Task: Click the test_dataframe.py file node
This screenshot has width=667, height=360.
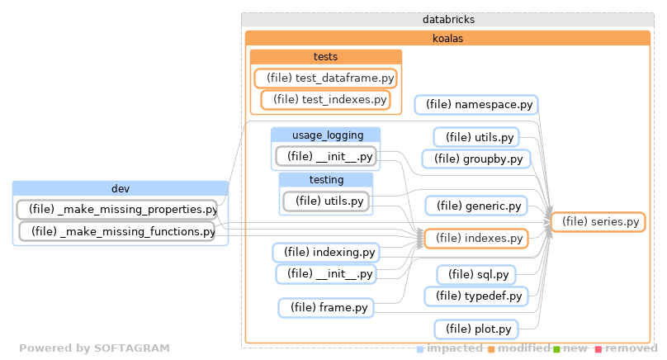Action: [325, 78]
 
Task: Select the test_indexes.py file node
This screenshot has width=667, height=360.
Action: [324, 100]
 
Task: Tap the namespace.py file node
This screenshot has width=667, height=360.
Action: [476, 105]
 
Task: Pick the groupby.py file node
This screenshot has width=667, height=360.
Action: [476, 159]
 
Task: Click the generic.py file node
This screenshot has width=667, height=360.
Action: [475, 206]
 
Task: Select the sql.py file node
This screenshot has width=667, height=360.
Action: [476, 274]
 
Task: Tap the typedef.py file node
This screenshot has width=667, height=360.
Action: [475, 296]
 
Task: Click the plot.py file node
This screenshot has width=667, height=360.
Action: [475, 329]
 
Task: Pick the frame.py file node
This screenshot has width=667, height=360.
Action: [325, 308]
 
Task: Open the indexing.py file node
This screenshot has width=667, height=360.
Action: [325, 252]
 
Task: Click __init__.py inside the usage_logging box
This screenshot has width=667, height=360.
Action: [325, 156]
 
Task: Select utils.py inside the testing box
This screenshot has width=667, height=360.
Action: [325, 201]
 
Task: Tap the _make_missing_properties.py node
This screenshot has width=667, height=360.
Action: [117, 210]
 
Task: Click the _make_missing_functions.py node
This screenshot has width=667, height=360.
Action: [117, 232]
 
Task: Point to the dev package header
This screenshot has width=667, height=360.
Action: [121, 188]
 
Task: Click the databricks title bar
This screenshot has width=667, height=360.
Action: [447, 18]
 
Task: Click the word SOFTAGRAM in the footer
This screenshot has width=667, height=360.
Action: [131, 348]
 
